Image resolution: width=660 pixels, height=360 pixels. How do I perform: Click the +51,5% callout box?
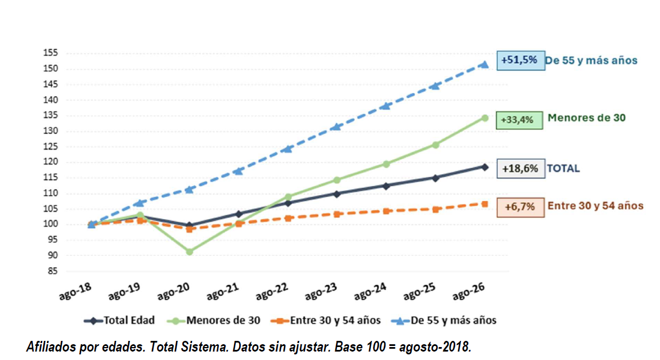click(x=520, y=60)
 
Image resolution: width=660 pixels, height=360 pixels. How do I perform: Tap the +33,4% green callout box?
click(x=519, y=120)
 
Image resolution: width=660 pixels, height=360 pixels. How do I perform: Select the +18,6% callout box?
click(x=520, y=169)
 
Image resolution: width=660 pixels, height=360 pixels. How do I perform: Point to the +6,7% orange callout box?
click(x=520, y=208)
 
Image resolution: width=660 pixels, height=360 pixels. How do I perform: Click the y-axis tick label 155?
click(x=50, y=53)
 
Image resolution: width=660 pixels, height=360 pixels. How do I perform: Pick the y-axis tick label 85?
click(x=52, y=271)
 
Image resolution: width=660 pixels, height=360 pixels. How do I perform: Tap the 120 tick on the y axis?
click(x=50, y=162)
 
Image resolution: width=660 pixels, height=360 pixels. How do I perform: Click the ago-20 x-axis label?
click(x=173, y=291)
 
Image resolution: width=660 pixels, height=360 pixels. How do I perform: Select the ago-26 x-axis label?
click(x=469, y=291)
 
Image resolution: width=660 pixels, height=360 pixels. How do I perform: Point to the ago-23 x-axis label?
click(x=321, y=291)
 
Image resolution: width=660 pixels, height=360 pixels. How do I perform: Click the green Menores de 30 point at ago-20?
click(x=190, y=251)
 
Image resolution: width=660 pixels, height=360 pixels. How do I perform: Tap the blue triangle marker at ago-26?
click(x=484, y=64)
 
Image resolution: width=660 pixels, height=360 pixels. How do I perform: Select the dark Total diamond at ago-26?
click(x=485, y=167)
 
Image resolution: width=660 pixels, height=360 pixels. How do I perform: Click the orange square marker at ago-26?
click(x=485, y=204)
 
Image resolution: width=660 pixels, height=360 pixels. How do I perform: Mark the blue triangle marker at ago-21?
click(x=239, y=171)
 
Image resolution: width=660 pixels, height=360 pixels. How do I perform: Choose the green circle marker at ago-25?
click(x=435, y=145)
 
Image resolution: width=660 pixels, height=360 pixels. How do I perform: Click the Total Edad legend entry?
click(x=119, y=321)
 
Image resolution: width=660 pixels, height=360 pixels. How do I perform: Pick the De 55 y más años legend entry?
click(x=444, y=321)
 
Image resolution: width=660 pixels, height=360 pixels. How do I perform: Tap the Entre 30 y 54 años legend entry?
click(x=326, y=321)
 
